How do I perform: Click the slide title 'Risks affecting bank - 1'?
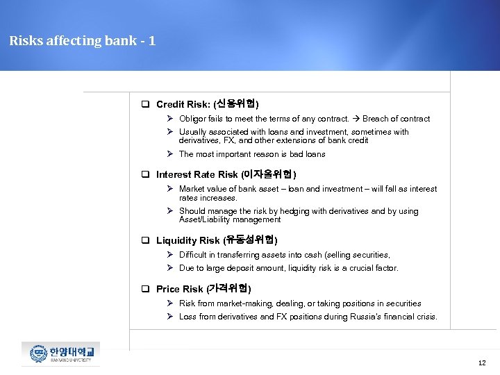coord(82,41)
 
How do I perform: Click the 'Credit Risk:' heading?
coord(184,105)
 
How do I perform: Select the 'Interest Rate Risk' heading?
coord(197,174)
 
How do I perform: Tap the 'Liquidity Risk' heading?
coord(187,240)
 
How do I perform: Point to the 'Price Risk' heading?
coord(179,289)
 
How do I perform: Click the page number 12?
coord(482,363)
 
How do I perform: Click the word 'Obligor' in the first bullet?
coord(194,119)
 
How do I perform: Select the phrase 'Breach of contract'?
coord(397,119)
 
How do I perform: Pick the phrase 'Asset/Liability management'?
coord(230,219)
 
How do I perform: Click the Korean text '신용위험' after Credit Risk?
coord(236,105)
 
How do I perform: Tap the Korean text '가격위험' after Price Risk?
coord(229,289)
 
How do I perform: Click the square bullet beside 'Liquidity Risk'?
coord(147,241)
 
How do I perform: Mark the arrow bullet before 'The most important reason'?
coord(170,154)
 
